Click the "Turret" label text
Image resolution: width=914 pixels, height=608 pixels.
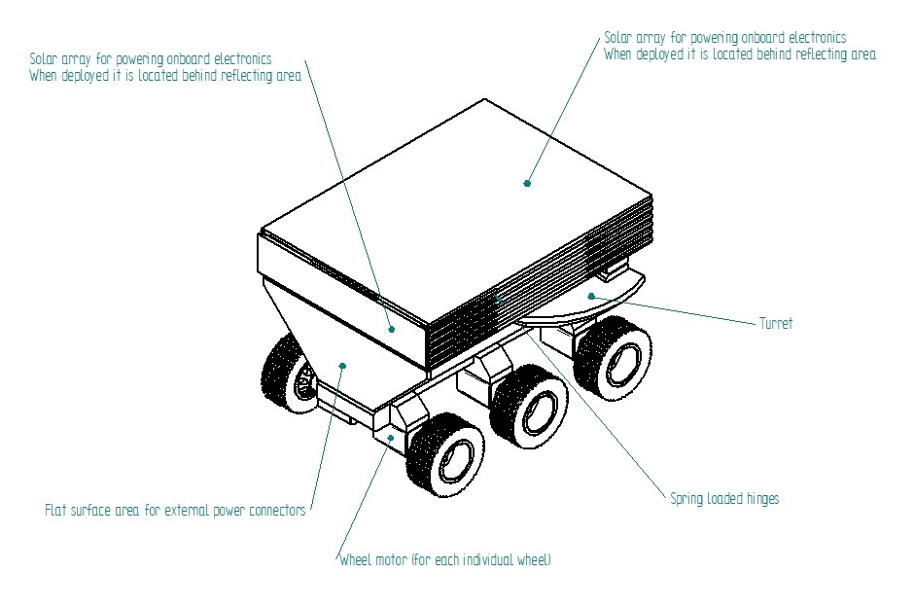[775, 324]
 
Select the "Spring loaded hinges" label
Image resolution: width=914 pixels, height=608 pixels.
[724, 499]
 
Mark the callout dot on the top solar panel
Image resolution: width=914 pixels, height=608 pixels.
[527, 183]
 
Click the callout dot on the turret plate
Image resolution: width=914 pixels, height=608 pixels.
[590, 296]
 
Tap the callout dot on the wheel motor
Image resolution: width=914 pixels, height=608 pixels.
[390, 438]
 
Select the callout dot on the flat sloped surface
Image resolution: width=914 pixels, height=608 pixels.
[342, 366]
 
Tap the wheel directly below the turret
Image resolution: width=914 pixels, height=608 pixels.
[613, 356]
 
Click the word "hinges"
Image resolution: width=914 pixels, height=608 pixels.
[757, 499]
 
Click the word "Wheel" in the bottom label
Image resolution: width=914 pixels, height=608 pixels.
[357, 560]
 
